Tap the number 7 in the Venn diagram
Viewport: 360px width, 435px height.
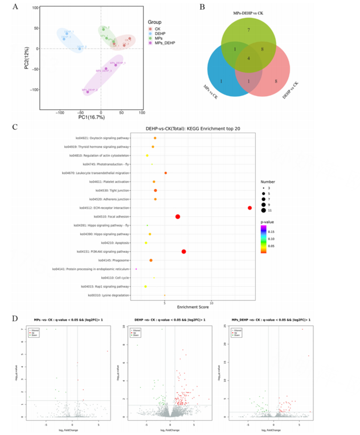click(249, 29)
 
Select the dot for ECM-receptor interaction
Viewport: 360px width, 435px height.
click(250, 208)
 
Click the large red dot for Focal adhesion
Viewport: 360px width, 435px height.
click(178, 217)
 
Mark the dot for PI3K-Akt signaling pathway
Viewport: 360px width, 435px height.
click(184, 252)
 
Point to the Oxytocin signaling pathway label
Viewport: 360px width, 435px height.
click(103, 138)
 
